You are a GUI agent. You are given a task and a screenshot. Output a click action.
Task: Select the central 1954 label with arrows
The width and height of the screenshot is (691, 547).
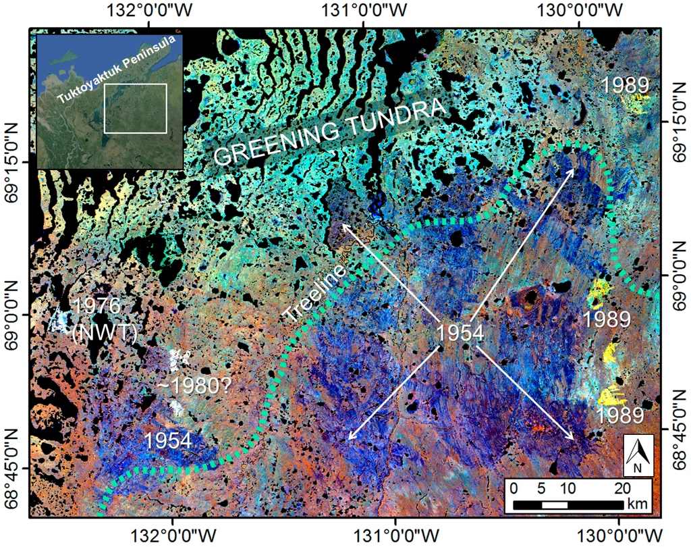point(459,333)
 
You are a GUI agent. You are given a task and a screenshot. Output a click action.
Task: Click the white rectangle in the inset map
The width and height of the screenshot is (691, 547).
point(135,108)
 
